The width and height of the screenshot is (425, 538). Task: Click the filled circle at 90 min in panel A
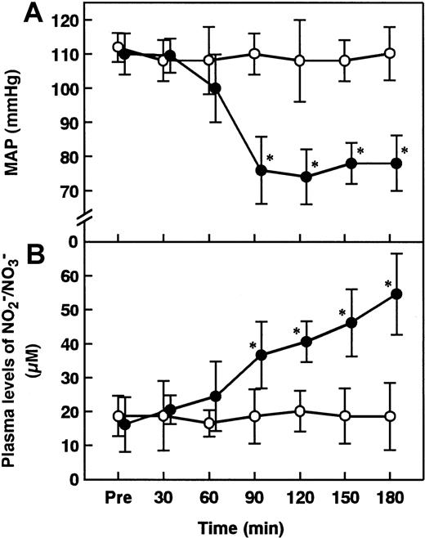pos(261,170)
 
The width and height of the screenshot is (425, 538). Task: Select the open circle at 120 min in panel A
pos(299,61)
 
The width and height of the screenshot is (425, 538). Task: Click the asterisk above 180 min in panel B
pos(388,284)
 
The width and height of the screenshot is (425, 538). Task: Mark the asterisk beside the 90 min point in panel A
pos(269,158)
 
